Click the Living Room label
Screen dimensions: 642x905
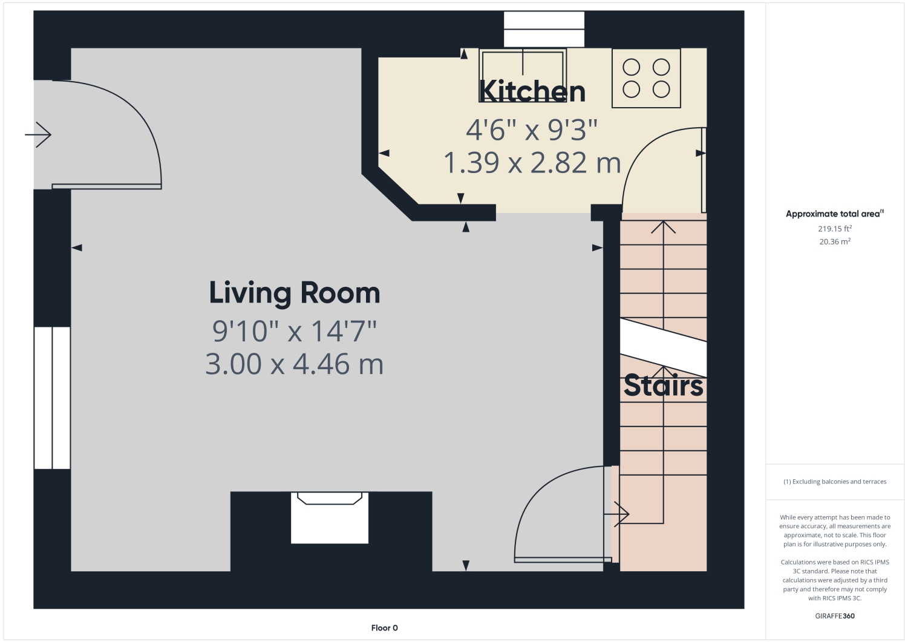coord(295,293)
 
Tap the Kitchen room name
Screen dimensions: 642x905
coord(532,92)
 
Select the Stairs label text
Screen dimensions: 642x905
coord(663,386)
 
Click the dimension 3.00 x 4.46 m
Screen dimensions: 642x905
coord(295,364)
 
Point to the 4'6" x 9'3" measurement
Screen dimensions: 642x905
coord(531,129)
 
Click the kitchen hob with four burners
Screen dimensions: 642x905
coord(646,78)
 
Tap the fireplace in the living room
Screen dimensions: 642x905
coord(330,517)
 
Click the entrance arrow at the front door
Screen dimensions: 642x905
coord(38,134)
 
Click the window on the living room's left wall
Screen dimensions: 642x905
coord(52,398)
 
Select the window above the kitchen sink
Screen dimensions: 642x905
coord(544,29)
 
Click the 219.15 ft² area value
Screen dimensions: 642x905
coord(835,229)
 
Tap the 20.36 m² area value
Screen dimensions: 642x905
coord(835,241)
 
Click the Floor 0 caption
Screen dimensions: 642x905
coord(384,627)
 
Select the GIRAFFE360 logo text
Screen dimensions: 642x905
coord(835,616)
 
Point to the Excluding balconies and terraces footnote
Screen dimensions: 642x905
coord(835,482)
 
